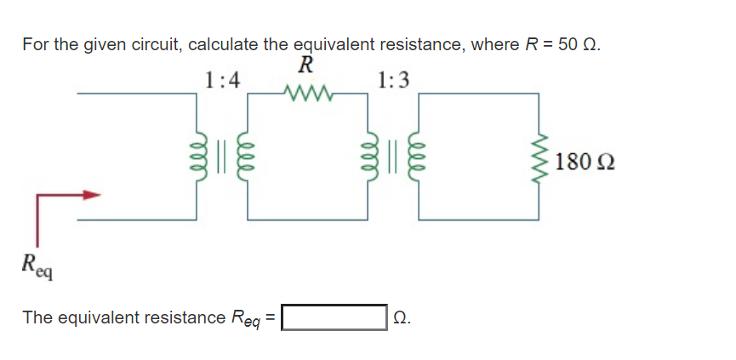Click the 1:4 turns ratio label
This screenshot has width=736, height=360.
coord(223,81)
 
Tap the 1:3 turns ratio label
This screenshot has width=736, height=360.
coord(392,81)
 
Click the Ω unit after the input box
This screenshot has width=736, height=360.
coord(402,317)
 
